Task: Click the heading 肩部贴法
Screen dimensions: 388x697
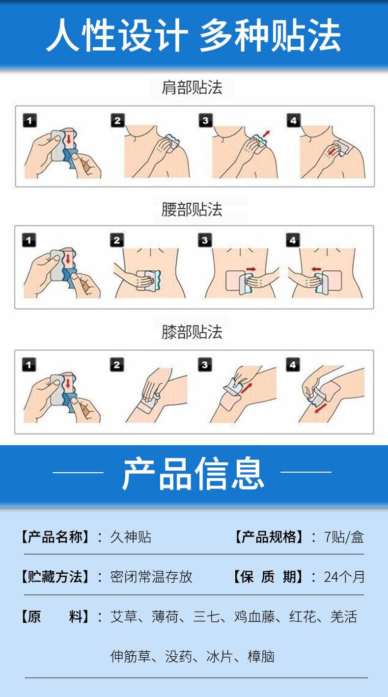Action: [x=192, y=87]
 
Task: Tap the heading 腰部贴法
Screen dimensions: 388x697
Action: [x=192, y=210]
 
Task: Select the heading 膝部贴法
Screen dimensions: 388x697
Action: [x=192, y=332]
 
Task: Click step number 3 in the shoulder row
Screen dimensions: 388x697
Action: [x=205, y=120]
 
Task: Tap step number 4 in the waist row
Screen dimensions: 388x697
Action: [x=293, y=240]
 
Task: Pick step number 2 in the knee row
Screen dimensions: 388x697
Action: [x=117, y=364]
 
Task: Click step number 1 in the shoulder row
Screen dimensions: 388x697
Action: [x=29, y=120]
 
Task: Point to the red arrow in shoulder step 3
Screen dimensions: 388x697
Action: [x=266, y=134]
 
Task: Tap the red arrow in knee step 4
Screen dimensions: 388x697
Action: [x=320, y=408]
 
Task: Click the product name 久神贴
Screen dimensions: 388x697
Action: [x=131, y=537]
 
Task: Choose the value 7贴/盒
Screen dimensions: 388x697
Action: [x=344, y=537]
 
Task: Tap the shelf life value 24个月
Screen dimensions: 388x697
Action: [x=344, y=577]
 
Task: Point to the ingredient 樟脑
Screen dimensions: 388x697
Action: [x=261, y=656]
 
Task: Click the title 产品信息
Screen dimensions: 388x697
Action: [x=193, y=473]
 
